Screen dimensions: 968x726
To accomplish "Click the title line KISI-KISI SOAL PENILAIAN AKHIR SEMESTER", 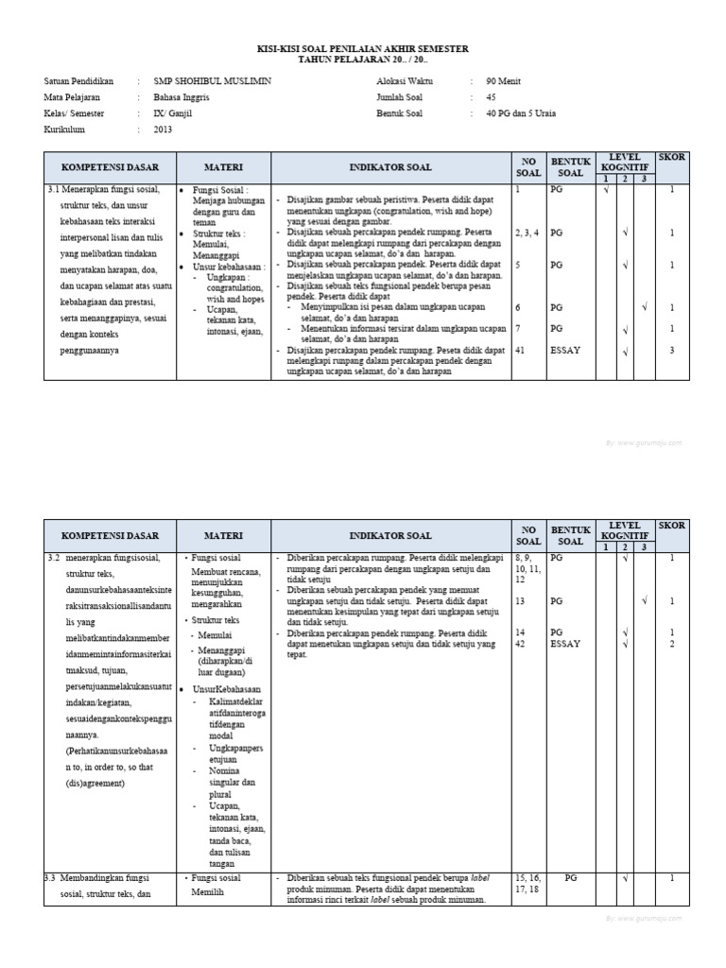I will click(x=363, y=48).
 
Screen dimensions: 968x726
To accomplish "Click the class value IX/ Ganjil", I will click(x=173, y=112).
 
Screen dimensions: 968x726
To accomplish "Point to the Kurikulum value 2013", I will click(x=163, y=129).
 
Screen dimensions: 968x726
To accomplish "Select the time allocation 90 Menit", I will click(x=500, y=81).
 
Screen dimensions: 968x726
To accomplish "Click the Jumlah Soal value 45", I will click(x=490, y=96).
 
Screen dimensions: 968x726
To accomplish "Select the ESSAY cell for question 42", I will click(x=566, y=644).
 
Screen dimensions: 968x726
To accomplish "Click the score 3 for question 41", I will click(x=671, y=351).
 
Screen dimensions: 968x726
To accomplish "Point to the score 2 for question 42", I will click(x=671, y=644).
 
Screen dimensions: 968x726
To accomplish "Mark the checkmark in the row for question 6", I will click(x=644, y=307).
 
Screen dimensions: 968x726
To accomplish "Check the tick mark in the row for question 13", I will click(x=644, y=600).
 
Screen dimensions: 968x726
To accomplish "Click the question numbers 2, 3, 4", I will click(x=527, y=233).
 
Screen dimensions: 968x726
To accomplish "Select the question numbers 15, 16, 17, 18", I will click(x=527, y=883).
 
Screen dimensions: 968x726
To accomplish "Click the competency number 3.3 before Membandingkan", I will click(x=53, y=878).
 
